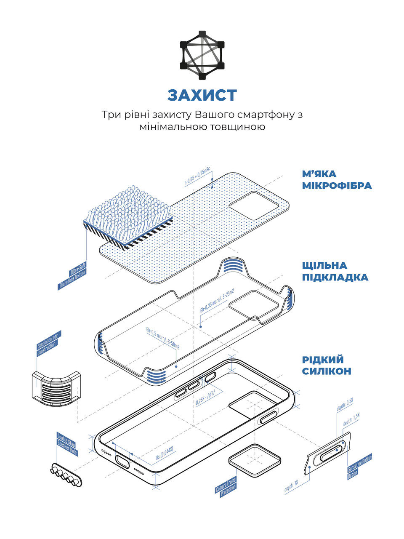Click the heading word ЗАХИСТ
[202, 96]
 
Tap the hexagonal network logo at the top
[202, 55]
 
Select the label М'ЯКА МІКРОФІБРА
[337, 180]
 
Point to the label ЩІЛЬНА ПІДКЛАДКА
[335, 271]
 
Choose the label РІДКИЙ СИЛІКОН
[327, 365]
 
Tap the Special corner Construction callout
[49, 343]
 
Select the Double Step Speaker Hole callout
[67, 444]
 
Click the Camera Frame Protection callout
[226, 486]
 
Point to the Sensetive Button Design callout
[360, 466]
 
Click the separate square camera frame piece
[255, 460]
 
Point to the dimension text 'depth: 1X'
[291, 488]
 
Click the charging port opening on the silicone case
[122, 462]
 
